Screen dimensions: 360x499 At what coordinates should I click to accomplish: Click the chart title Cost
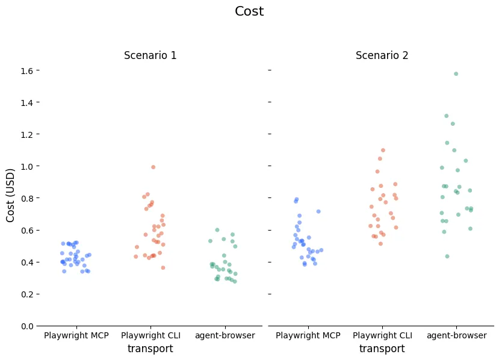click(249, 11)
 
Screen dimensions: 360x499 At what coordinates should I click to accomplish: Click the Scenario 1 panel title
click(150, 55)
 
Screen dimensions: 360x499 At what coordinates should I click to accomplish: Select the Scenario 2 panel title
click(382, 55)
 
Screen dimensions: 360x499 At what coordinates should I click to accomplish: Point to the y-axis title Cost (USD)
click(11, 195)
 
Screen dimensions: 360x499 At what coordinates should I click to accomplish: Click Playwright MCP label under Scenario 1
click(76, 335)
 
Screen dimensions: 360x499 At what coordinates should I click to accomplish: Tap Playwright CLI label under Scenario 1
click(150, 335)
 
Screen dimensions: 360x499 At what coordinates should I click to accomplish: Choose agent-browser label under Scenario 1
click(225, 335)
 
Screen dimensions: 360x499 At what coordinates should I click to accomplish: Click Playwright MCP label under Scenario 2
click(308, 335)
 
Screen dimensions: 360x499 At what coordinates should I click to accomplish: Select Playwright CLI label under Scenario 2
click(382, 335)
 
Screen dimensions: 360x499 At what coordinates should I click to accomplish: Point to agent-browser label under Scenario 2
click(456, 335)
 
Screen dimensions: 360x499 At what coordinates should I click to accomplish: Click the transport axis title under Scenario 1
click(150, 349)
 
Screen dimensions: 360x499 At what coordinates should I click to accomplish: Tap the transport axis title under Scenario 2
click(382, 349)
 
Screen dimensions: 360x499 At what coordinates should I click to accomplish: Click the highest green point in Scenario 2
click(456, 74)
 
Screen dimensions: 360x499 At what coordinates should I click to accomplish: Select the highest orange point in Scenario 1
click(153, 167)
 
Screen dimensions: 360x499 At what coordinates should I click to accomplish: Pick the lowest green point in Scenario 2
click(447, 256)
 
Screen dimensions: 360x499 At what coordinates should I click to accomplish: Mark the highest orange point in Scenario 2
click(383, 151)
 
